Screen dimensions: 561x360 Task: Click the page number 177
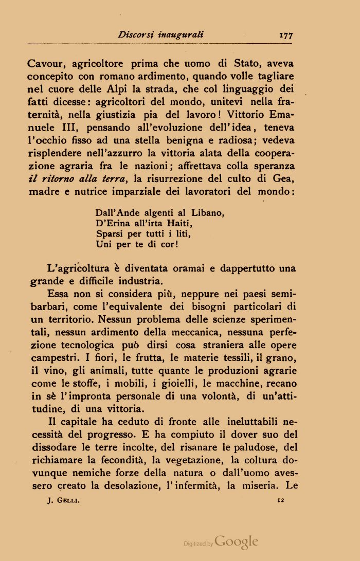[285, 35]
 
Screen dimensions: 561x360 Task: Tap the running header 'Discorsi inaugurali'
[160, 35]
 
